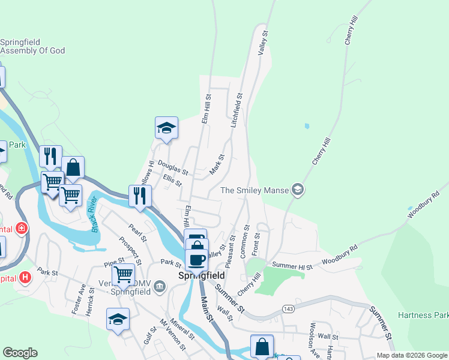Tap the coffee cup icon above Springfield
point(197,259)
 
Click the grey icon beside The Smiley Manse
point(297,190)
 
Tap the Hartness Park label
point(423,315)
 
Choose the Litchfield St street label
point(237,110)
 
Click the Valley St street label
point(262,42)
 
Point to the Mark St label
point(217,166)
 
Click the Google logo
point(20,353)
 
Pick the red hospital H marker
point(25,277)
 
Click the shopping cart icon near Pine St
point(123,274)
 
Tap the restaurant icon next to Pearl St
point(140,195)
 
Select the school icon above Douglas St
point(166,127)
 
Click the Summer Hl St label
point(292,265)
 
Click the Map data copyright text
point(411,355)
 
